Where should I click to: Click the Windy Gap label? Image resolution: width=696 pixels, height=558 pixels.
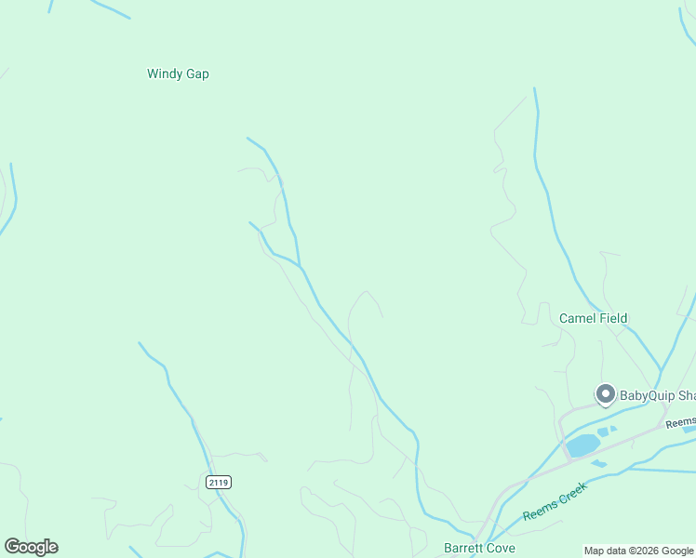178,73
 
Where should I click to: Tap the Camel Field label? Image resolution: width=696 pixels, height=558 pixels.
593,318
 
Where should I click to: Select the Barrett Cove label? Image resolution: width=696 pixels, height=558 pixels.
479,548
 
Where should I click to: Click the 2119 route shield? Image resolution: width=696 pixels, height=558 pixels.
218,482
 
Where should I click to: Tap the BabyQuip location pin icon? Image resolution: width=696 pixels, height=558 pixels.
605,394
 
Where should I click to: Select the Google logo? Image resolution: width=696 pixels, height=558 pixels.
31,547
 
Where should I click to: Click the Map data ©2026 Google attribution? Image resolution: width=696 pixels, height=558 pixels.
639,551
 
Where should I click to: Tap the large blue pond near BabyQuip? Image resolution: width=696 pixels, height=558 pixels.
582,445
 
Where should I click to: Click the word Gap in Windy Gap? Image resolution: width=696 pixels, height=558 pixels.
196,73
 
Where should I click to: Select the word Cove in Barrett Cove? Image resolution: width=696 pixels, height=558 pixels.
500,548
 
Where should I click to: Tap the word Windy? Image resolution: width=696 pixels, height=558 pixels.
165,73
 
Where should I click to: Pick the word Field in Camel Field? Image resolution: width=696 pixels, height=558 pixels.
612,318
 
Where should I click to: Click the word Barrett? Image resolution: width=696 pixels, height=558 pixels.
462,548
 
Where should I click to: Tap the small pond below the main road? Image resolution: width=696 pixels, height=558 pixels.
598,463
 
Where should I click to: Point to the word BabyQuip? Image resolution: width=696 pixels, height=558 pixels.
647,395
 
